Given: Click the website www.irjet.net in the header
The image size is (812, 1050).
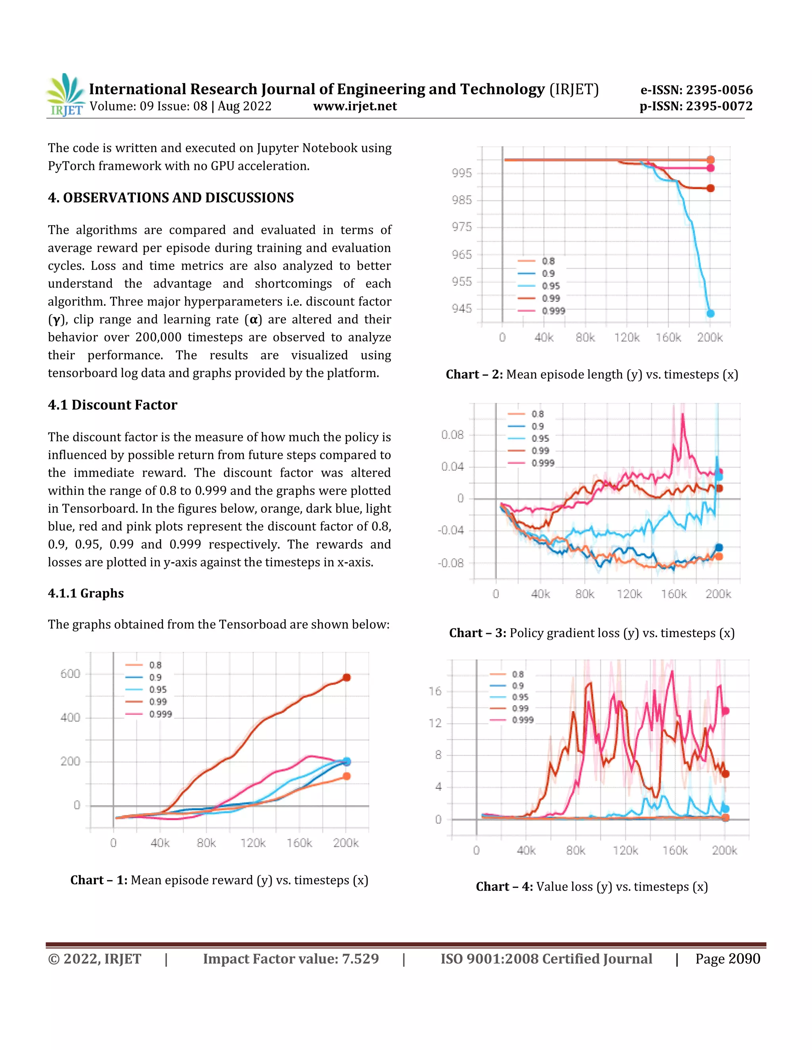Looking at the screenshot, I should tap(354, 106).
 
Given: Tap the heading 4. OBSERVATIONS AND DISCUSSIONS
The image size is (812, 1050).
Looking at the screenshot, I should tap(171, 198).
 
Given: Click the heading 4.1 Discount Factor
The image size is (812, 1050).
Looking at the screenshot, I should tap(113, 405).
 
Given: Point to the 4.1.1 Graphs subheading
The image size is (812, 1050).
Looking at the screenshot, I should tap(86, 593).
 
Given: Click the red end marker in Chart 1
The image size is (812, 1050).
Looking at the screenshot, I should tap(347, 678).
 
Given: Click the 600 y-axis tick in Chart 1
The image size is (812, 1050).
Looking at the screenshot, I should tap(70, 674).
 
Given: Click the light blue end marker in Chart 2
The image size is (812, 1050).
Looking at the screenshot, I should tap(710, 313).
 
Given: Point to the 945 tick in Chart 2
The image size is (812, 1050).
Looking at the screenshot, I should tap(462, 308).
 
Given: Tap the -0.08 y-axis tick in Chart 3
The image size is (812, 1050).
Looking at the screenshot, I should tap(451, 563).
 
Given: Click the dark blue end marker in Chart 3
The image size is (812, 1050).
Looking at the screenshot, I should tap(719, 548).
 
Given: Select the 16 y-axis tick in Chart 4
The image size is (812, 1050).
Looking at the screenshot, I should tap(435, 691).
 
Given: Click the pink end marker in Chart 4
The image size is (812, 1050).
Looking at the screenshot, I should tap(726, 710).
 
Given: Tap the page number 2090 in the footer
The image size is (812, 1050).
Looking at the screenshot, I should tap(744, 958).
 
